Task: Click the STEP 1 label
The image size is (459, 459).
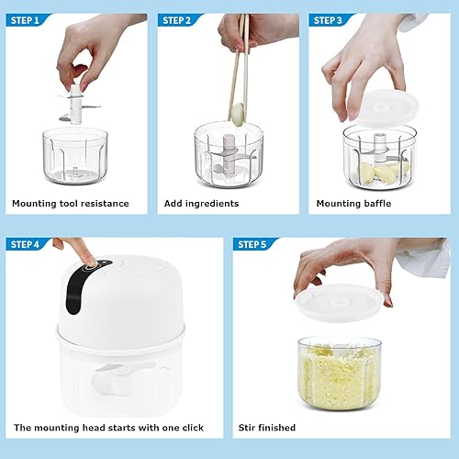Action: [x=25, y=20]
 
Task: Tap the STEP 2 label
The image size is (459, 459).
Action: [x=176, y=20]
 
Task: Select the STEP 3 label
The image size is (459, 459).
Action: [x=328, y=20]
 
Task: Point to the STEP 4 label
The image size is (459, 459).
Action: [x=25, y=244]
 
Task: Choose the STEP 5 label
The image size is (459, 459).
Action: [x=252, y=244]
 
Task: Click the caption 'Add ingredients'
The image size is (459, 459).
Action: [x=201, y=204]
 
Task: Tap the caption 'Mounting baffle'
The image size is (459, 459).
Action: [x=353, y=204]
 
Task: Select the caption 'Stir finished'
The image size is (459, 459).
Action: [x=267, y=428]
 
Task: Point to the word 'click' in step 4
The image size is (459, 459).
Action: [x=193, y=428]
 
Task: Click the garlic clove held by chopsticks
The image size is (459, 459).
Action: [x=239, y=114]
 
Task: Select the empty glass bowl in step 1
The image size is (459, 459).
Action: [x=75, y=156]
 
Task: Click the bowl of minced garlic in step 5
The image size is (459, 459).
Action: [x=340, y=374]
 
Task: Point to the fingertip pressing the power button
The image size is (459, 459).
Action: [x=89, y=261]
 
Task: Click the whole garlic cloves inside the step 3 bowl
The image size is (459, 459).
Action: [x=384, y=173]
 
